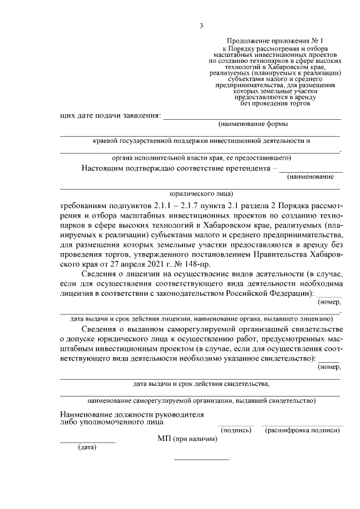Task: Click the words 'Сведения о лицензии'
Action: coord(117,275)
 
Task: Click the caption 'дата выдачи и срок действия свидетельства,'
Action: coord(201,384)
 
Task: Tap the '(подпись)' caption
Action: coord(236,430)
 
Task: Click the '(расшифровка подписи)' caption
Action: coord(303,430)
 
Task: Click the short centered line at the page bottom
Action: coord(201,460)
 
